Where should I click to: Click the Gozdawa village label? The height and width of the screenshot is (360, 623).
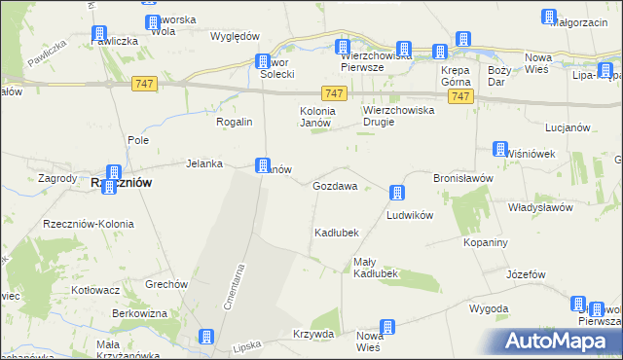point(335,185)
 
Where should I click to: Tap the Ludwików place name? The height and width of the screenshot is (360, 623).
point(409,214)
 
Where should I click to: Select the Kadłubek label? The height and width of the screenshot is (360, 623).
point(337,233)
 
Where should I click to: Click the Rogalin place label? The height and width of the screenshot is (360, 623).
point(235,122)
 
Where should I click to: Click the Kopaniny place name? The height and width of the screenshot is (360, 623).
point(486,241)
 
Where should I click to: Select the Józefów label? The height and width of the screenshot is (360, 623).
point(526,274)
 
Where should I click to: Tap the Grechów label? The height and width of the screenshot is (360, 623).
point(165,284)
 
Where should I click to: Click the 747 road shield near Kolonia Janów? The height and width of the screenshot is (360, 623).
point(334,92)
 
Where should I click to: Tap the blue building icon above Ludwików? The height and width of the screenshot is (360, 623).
point(397,193)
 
